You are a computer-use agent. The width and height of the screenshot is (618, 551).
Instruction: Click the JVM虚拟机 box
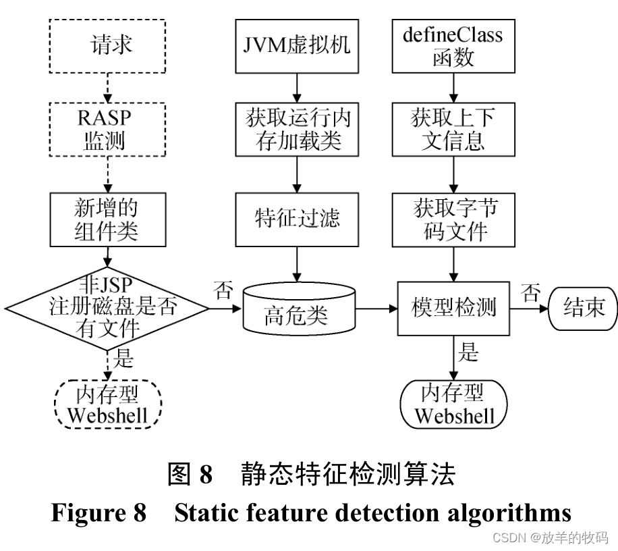(294, 47)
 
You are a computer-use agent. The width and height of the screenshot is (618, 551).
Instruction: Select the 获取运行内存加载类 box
(294, 130)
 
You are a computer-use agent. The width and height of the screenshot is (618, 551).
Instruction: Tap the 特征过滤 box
(294, 219)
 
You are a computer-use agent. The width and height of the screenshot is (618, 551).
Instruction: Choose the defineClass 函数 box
(453, 47)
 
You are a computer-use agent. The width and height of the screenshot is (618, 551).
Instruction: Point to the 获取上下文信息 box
(453, 130)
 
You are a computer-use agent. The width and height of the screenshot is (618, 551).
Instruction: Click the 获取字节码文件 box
(453, 219)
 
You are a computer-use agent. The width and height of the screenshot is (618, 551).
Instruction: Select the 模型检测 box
(453, 308)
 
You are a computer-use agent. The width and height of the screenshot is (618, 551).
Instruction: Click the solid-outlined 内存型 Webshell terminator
(453, 404)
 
